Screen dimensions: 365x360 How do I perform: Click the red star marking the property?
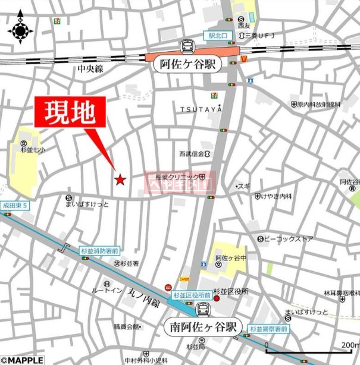tap(120, 179)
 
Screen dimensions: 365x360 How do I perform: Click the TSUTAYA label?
tap(201, 109)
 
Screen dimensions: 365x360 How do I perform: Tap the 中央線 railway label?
tap(90, 70)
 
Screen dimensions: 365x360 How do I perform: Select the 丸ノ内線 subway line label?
tap(145, 294)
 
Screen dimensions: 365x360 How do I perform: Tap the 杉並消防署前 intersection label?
tap(99, 251)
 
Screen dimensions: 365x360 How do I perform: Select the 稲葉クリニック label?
tap(177, 177)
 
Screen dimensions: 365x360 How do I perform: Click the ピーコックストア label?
tap(289, 238)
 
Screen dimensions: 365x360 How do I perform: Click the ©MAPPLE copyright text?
tap(22, 360)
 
